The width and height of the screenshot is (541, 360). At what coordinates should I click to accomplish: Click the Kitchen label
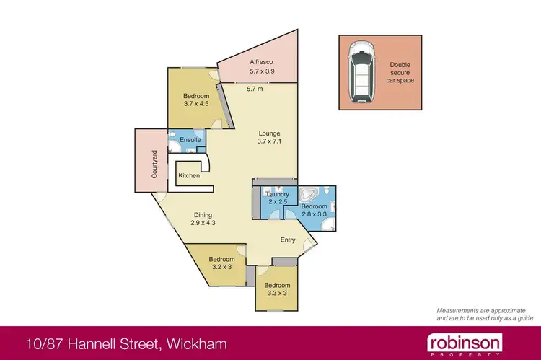(189, 176)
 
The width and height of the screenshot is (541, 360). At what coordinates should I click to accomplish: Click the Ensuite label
(190, 140)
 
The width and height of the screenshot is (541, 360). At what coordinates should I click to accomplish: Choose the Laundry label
(278, 194)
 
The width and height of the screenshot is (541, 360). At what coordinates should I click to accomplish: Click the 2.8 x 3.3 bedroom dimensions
(315, 214)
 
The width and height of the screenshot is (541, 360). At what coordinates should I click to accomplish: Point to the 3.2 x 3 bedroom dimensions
(222, 268)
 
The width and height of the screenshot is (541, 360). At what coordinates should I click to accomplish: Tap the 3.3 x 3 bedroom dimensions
(276, 293)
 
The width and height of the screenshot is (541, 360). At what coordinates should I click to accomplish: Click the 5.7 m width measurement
(255, 89)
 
